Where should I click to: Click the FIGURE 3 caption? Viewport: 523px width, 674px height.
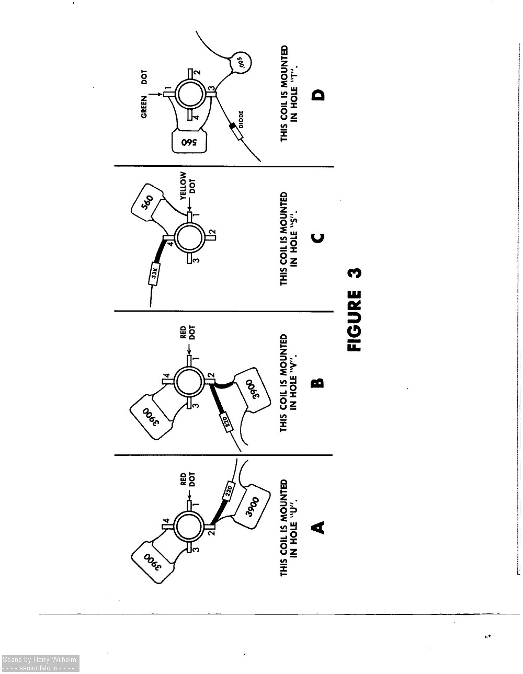click(354, 310)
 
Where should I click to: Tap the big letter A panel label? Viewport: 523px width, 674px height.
click(317, 527)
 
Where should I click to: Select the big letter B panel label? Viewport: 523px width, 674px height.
click(317, 383)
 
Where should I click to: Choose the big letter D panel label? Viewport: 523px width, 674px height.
click(317, 95)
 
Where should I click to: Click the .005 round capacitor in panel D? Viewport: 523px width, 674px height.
click(241, 62)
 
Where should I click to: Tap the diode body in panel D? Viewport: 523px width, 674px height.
click(236, 131)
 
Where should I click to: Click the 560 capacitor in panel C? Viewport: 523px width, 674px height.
click(147, 202)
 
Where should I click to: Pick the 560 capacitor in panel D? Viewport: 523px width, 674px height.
click(189, 142)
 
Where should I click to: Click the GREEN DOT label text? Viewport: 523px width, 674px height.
click(144, 94)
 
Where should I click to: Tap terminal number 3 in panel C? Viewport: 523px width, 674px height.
click(196, 260)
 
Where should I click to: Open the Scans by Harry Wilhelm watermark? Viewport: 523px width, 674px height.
click(40, 663)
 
